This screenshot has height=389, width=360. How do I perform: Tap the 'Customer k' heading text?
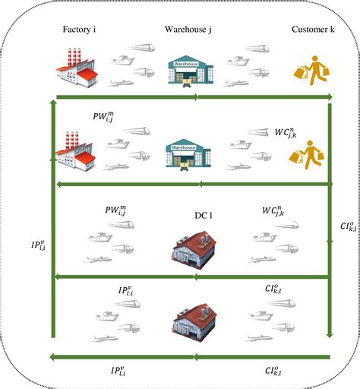(x=313, y=30)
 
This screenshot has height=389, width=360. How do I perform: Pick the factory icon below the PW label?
(x=76, y=148)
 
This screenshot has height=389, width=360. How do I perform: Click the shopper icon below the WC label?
(x=311, y=150)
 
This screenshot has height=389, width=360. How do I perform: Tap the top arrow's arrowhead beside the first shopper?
(x=329, y=97)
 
